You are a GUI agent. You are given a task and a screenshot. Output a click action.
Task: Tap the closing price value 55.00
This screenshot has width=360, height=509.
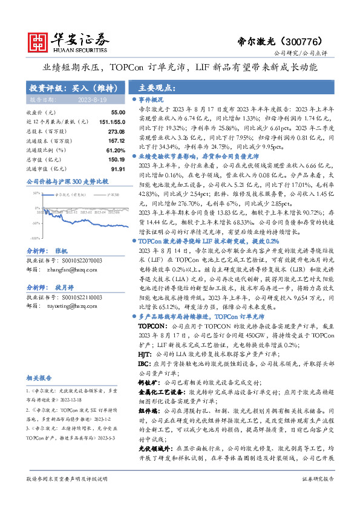pyautogui.click(x=117, y=113)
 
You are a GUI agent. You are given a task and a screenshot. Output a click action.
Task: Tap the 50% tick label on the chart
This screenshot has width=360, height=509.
pyautogui.click(x=37, y=193)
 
